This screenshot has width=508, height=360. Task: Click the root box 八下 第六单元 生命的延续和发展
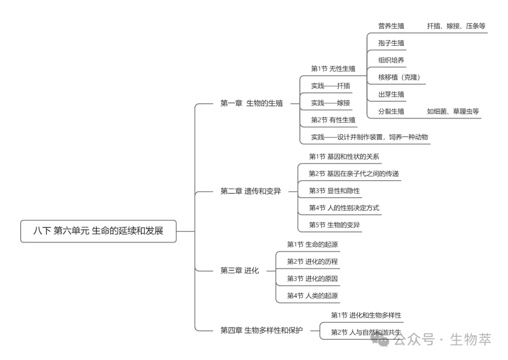(98, 231)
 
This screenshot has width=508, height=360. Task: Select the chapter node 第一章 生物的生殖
(252, 103)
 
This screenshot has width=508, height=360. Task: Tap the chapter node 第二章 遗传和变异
(251, 191)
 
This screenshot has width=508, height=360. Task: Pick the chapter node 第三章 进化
(239, 271)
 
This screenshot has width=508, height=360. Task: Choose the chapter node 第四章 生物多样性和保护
(262, 330)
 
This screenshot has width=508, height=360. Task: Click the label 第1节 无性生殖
(333, 69)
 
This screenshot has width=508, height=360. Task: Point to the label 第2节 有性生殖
(333, 120)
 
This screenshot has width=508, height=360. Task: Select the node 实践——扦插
(331, 86)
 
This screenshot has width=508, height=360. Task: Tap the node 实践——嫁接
(331, 103)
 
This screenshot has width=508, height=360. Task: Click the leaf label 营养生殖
(391, 26)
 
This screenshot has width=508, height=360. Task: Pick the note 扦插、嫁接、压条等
(456, 26)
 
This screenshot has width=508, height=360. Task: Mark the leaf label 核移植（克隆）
(399, 77)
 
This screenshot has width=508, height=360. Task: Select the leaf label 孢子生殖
(391, 43)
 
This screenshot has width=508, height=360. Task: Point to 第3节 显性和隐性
(334, 191)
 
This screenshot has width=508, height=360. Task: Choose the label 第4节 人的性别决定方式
(344, 208)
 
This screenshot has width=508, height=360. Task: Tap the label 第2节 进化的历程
(312, 262)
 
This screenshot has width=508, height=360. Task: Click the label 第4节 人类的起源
(312, 296)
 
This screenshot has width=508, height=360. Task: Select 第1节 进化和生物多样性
(366, 315)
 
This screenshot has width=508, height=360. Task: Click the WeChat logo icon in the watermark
(380, 339)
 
